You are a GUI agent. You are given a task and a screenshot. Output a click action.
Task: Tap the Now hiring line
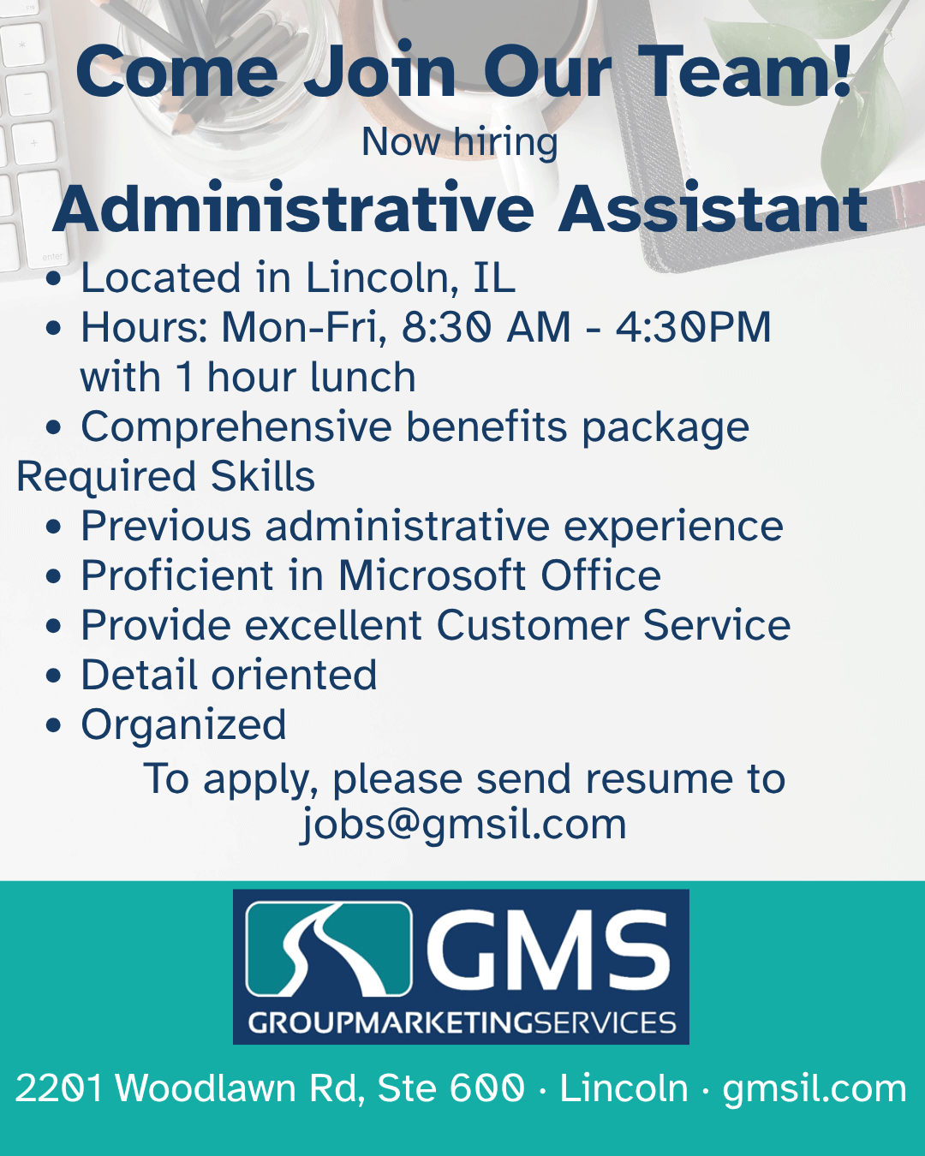pos(460,143)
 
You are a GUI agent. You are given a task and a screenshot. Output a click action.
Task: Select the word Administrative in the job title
pos(294,208)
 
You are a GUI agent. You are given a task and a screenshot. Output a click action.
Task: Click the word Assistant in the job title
pos(713,208)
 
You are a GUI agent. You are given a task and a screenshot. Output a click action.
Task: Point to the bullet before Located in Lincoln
pos(53,279)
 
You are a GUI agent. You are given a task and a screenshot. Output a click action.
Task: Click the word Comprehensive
pos(236,427)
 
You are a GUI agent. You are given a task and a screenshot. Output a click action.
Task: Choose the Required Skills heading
pos(165,477)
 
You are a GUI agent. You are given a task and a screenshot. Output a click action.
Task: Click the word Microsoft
pos(432,575)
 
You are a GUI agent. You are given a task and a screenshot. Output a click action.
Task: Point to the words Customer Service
pos(613,625)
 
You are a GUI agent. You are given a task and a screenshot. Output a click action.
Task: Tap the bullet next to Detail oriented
pos(53,676)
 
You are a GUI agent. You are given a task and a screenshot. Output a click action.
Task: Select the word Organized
pos(183,725)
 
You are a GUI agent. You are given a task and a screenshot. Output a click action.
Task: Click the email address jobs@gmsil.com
pos(462,824)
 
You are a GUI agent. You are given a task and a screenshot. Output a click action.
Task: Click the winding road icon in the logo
pos(328,949)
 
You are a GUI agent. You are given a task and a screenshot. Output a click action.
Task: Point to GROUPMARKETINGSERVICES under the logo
pos(462,1022)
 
